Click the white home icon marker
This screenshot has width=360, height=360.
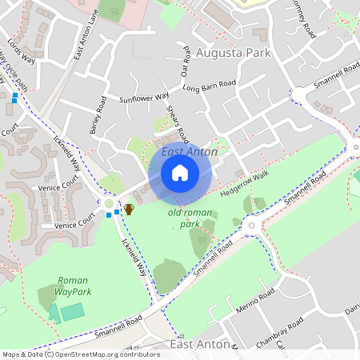click(x=180, y=173)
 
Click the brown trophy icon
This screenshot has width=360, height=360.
click(x=129, y=209)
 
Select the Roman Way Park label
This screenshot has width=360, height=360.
click(x=74, y=286)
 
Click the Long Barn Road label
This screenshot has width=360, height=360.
click(x=210, y=85)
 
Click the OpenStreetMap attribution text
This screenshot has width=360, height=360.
click(x=80, y=354)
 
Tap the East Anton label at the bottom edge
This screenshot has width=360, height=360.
click(x=199, y=344)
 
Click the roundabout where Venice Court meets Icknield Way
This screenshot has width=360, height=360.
click(x=109, y=204)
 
